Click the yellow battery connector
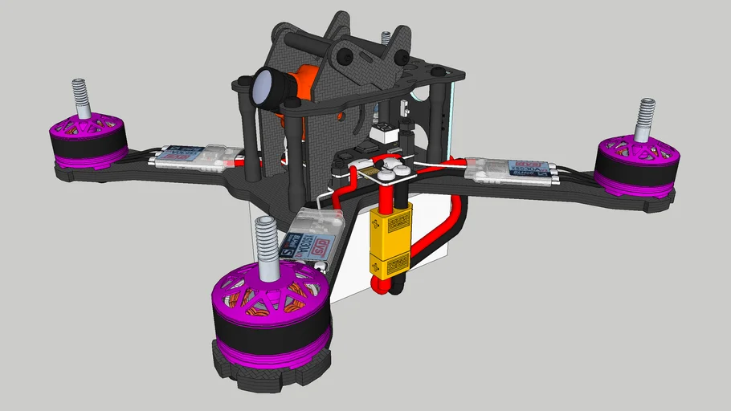pyautogui.click(x=390, y=241)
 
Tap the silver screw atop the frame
pyautogui.click(x=386, y=37)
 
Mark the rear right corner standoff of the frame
pyautogui.click(x=440, y=120)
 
